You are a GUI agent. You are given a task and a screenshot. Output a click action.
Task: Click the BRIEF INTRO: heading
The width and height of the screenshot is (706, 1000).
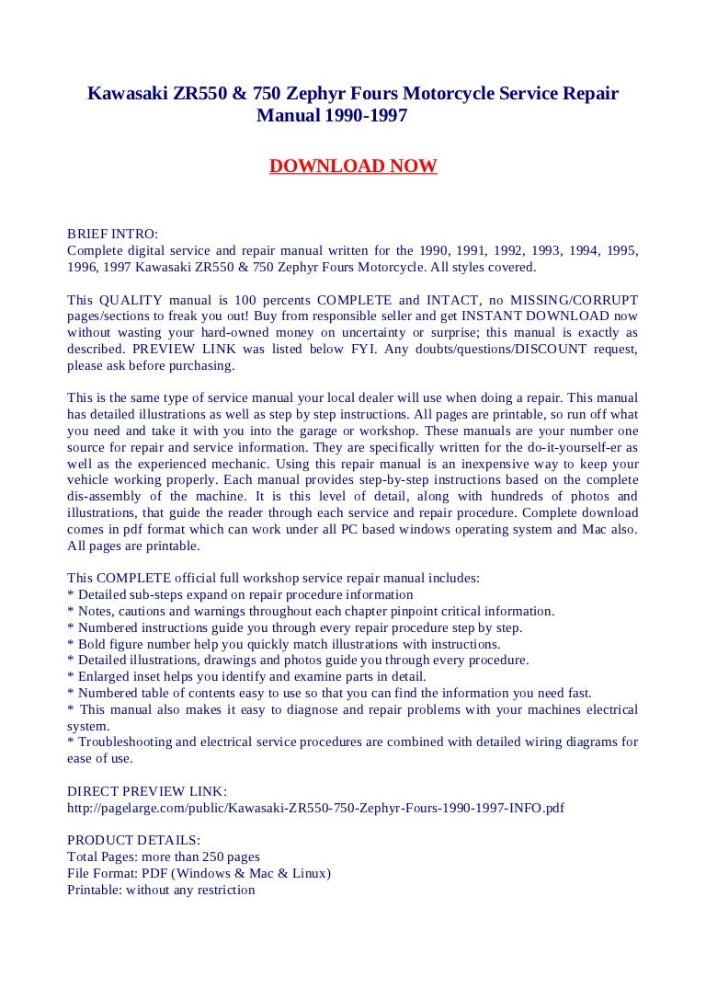pos(112,234)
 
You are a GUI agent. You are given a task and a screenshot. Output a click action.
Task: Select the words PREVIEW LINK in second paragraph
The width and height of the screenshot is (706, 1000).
pos(171,350)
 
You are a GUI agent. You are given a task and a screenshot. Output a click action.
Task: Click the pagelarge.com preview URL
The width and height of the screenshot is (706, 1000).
pos(316,808)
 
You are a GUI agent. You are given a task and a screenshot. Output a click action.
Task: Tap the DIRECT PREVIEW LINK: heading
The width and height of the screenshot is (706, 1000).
pos(147,791)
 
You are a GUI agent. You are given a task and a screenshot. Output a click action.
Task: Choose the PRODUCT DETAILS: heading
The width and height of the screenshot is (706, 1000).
pos(133,840)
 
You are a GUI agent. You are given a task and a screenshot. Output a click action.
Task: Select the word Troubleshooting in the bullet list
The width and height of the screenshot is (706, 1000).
pos(121,741)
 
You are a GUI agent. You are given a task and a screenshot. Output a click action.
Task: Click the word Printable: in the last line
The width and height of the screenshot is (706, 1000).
pos(95,890)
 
